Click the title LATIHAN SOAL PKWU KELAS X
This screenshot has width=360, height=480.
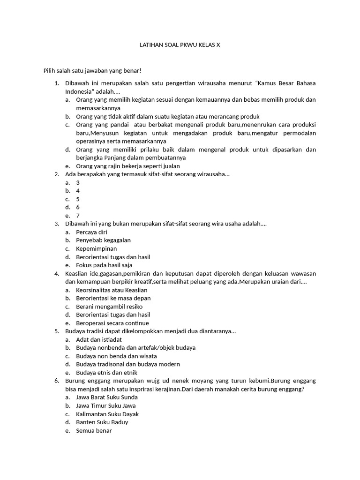(x=180, y=45)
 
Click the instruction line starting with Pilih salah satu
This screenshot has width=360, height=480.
(x=92, y=70)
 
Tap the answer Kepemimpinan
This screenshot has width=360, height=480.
(x=97, y=249)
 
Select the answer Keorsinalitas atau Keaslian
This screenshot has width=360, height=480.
(x=112, y=290)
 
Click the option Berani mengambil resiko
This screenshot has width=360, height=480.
(x=109, y=307)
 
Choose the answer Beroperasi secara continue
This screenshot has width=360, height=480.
(x=112, y=323)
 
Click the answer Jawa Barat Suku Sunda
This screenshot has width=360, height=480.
(x=106, y=397)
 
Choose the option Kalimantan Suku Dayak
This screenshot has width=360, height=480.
(x=107, y=414)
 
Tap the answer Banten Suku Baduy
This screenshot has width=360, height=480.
(x=102, y=422)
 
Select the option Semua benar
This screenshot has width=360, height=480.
(x=94, y=431)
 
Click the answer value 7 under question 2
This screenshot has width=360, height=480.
(x=78, y=216)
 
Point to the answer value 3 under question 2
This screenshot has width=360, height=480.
(x=78, y=182)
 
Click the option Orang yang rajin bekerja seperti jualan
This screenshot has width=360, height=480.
(x=128, y=166)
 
